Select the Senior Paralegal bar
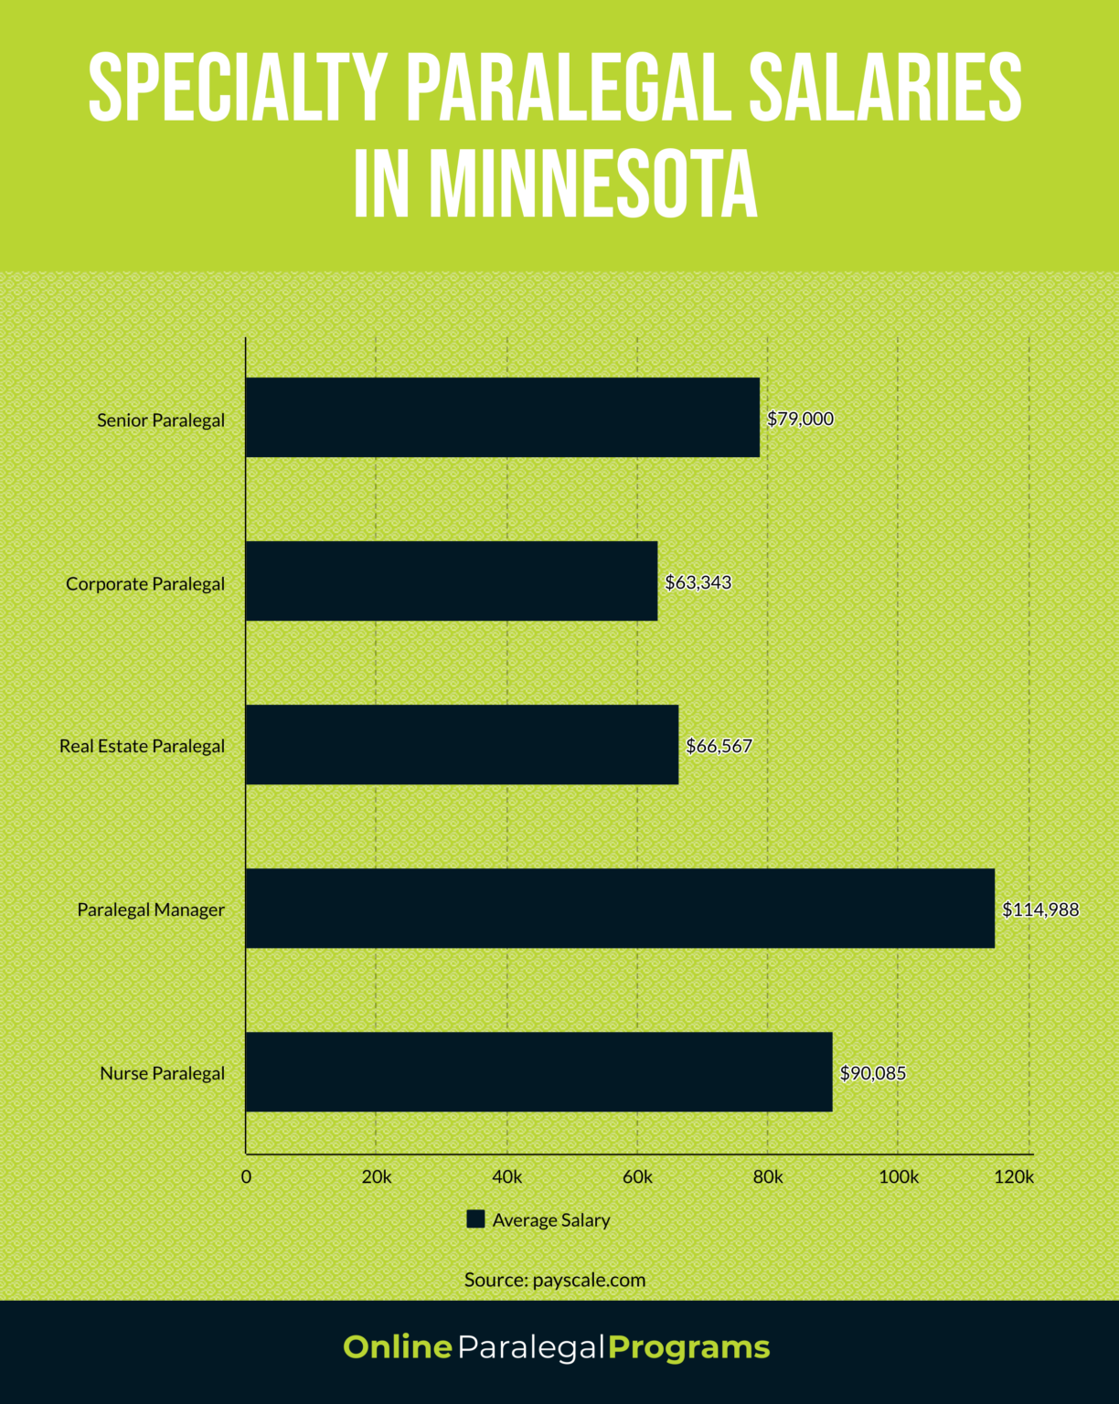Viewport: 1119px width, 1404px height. tap(502, 417)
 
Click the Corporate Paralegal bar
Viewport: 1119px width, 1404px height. tap(451, 580)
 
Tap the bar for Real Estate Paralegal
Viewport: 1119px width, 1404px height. tap(462, 744)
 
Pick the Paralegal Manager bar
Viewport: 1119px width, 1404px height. tap(619, 908)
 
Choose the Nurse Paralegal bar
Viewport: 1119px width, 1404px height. tap(538, 1071)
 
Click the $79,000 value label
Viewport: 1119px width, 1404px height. tap(800, 419)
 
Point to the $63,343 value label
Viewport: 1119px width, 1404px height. tap(698, 582)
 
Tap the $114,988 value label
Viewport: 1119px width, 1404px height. tap(1040, 909)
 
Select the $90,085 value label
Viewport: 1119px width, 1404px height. tap(872, 1073)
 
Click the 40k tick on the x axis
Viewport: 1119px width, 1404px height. tap(506, 1177)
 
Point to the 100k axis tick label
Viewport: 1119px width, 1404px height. tap(898, 1177)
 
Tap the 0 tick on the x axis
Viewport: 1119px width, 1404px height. tap(246, 1177)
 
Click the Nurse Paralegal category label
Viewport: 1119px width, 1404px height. tap(162, 1073)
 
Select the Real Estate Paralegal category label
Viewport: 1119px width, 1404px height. tap(142, 746)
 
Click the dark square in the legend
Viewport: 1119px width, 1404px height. tap(475, 1218)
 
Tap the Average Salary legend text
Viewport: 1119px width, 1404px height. tap(550, 1220)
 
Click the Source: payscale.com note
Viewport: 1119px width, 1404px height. tap(555, 1280)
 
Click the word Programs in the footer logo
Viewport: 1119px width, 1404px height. tap(688, 1347)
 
